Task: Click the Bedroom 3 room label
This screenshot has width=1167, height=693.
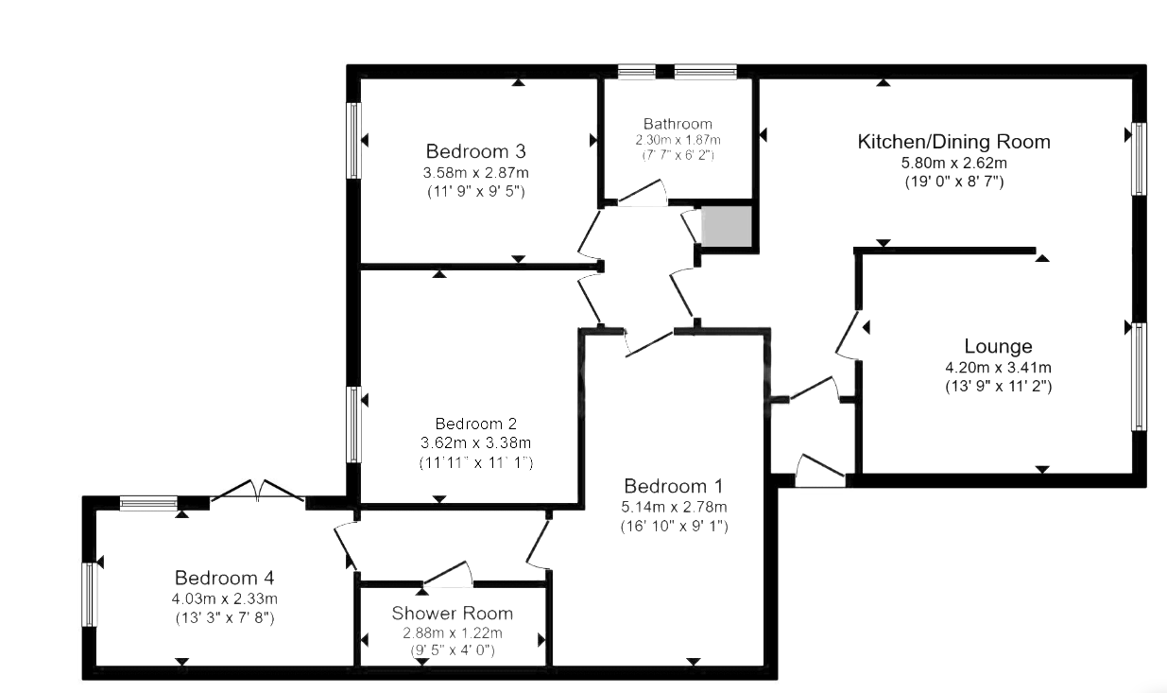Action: tap(475, 151)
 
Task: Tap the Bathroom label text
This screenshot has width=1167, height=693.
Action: tap(678, 124)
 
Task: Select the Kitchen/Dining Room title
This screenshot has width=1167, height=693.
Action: tap(952, 142)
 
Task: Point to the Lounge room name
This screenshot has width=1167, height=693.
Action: tap(998, 346)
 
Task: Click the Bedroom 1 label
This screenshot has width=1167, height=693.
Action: tap(674, 487)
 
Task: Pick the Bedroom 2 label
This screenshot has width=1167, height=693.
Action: tap(475, 424)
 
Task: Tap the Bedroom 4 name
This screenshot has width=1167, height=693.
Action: tap(224, 578)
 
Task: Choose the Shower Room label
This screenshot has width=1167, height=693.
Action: tap(453, 614)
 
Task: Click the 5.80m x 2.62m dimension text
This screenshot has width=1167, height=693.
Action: tap(952, 163)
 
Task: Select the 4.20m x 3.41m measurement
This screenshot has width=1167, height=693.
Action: tap(998, 368)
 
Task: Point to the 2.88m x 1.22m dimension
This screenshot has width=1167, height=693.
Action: tap(453, 632)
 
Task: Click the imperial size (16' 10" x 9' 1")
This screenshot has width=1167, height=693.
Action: tap(674, 526)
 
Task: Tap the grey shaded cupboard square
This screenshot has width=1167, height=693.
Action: tap(727, 227)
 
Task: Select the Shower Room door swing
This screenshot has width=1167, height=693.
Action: tap(448, 573)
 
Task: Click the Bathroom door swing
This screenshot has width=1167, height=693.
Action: tap(643, 195)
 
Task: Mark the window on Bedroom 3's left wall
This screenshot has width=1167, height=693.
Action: tap(354, 140)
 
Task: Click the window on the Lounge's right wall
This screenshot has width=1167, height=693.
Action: tap(1139, 376)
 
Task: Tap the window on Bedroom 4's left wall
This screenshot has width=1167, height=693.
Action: tap(90, 594)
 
